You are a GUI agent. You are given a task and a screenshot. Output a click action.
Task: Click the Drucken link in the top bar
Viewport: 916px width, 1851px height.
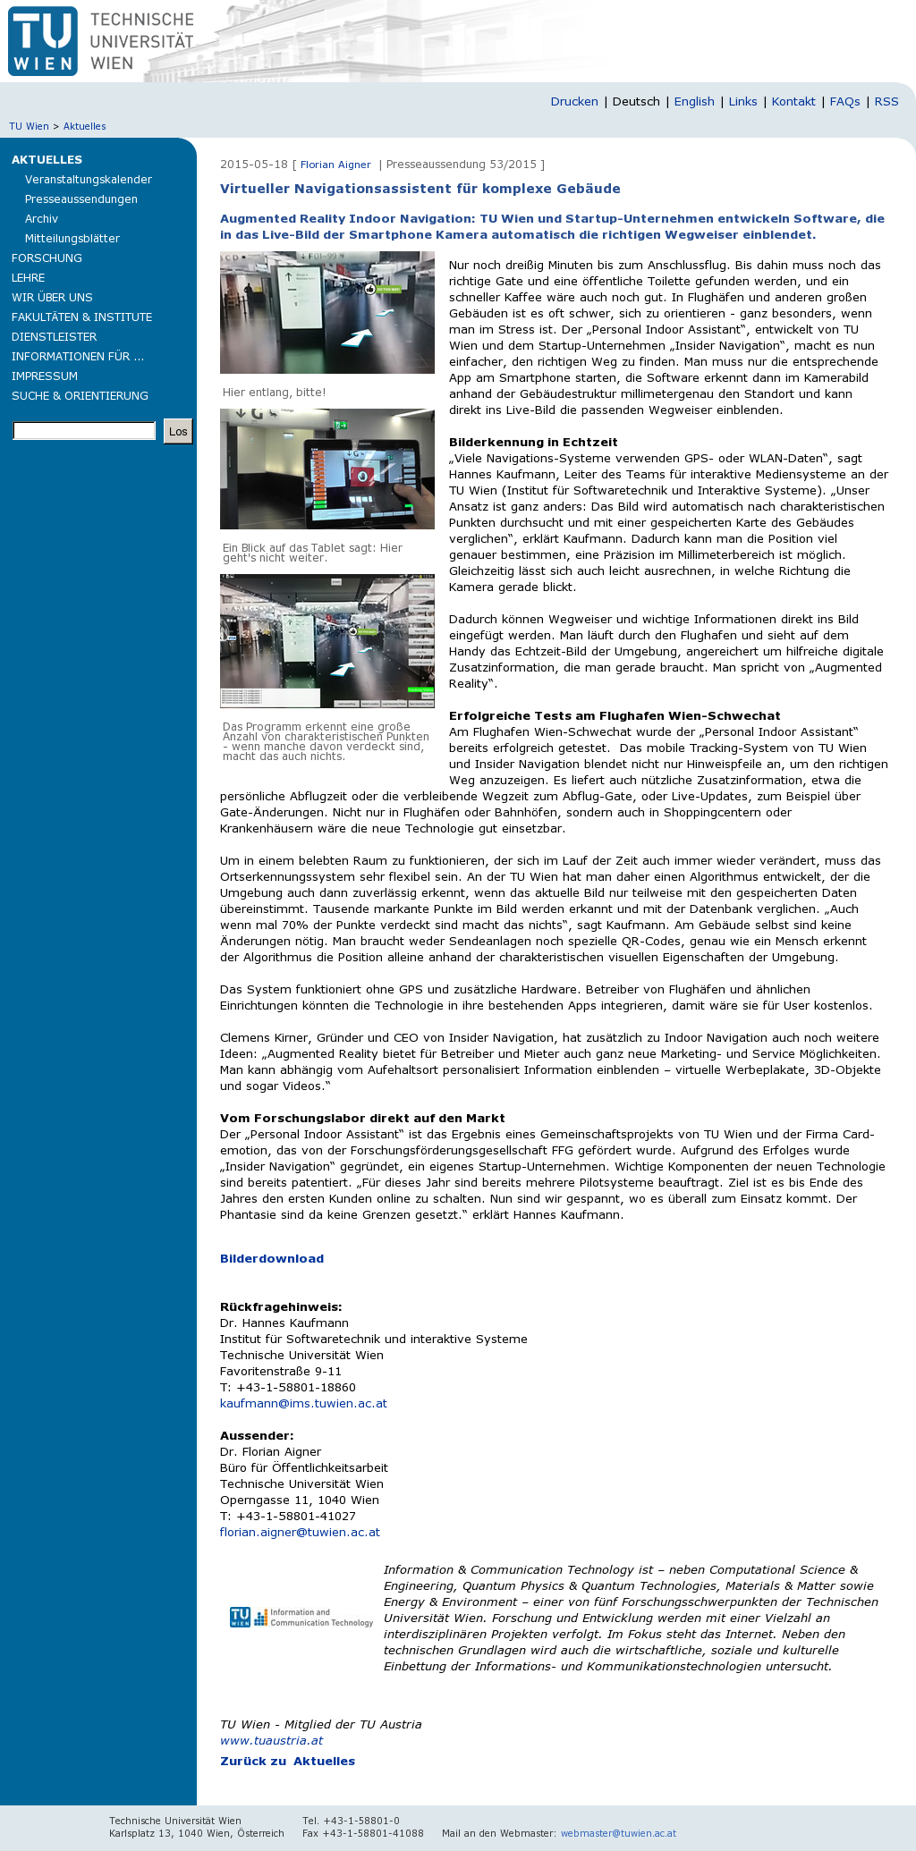574,102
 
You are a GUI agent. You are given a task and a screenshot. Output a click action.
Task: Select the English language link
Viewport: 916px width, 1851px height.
694,102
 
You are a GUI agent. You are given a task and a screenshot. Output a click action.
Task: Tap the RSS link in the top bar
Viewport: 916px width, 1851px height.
886,102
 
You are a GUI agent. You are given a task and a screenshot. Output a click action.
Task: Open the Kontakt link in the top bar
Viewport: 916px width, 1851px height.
793,102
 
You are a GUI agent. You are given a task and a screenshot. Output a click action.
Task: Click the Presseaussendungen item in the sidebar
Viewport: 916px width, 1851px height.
81,199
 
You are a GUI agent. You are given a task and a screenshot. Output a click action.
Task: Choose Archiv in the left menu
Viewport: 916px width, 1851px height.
41,219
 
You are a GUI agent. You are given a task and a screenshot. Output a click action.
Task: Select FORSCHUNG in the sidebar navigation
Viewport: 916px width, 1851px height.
47,258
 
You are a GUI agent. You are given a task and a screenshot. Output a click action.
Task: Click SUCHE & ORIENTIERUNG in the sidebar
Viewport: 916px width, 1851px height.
80,396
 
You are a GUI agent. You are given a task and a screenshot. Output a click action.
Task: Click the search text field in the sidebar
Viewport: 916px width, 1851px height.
84,431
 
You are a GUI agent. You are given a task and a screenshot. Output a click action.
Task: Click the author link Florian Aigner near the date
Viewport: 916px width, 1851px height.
335,165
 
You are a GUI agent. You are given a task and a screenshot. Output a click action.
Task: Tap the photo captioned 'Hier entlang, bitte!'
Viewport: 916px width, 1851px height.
327,312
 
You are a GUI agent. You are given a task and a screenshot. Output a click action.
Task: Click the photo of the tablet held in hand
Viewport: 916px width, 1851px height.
327,469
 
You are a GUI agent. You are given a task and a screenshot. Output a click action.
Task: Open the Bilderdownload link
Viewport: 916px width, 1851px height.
272,1259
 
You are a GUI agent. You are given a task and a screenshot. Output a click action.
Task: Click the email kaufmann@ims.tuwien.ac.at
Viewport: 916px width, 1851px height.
303,1404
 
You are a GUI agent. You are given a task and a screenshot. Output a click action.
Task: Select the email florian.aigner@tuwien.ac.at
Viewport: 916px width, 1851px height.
300,1533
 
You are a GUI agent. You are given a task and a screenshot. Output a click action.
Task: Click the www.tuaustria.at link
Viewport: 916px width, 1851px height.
271,1741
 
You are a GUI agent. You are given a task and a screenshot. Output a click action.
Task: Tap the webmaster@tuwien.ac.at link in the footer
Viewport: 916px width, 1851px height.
618,1833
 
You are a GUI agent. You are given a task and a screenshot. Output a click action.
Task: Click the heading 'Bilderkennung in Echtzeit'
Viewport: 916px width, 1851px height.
533,443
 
